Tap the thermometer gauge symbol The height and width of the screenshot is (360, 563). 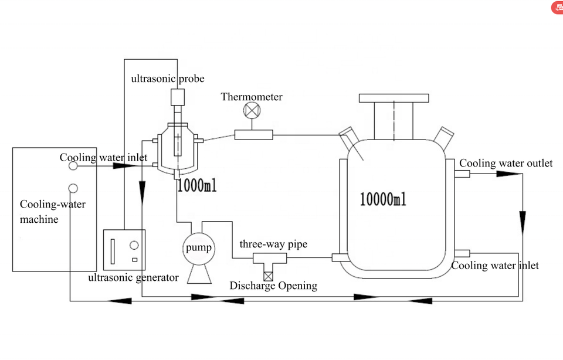(252, 110)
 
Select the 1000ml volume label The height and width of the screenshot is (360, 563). (197, 185)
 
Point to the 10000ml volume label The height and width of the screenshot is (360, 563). (383, 199)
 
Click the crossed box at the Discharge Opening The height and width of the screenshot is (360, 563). (268, 276)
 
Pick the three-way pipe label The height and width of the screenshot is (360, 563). (273, 244)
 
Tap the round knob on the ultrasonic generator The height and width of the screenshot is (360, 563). (134, 245)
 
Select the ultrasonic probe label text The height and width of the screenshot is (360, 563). (167, 79)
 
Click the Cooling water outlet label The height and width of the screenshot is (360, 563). (506, 164)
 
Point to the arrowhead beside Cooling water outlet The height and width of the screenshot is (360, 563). (509, 174)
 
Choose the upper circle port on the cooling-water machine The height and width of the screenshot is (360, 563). (73, 166)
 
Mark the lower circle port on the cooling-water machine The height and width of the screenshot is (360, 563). (73, 188)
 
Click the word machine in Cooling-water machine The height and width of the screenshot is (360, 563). (39, 219)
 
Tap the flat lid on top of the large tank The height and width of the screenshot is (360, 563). (394, 98)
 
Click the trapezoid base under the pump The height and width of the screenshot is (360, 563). (199, 274)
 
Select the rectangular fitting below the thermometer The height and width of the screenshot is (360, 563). (254, 135)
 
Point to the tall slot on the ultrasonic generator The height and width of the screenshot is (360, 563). (113, 252)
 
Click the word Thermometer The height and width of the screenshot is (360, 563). (252, 97)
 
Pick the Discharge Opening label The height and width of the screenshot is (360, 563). (273, 286)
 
